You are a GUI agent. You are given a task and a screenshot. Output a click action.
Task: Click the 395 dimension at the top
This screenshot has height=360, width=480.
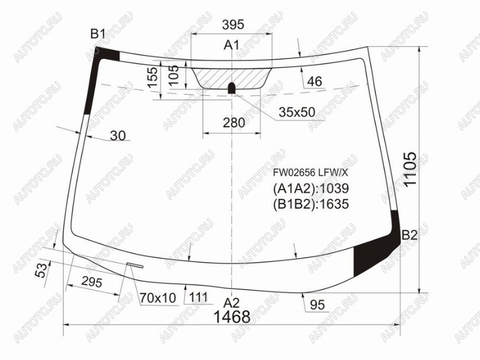[233, 24]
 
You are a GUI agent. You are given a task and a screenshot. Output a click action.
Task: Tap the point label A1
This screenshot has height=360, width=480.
[231, 45]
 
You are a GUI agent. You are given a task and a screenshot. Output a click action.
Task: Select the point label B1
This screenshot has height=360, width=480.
[98, 34]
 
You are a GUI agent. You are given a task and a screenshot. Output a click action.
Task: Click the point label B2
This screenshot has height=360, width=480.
[409, 235]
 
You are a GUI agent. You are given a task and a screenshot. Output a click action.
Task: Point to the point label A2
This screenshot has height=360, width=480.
[231, 303]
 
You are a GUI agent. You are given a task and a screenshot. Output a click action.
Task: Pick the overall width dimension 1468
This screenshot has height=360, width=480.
[232, 317]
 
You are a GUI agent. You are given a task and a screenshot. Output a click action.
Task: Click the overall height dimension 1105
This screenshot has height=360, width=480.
[410, 169]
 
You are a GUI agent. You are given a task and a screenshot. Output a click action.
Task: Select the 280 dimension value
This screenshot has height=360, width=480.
[234, 123]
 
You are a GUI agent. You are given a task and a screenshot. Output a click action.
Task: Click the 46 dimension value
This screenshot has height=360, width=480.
[314, 82]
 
